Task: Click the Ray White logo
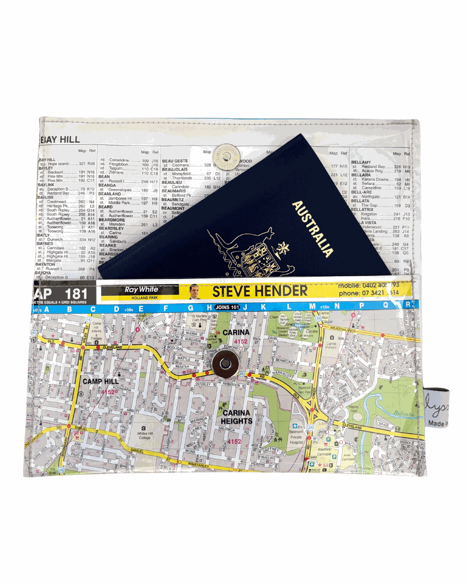click(x=141, y=289)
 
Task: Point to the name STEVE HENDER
click(x=259, y=292)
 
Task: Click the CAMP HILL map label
click(x=100, y=381)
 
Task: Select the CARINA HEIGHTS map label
click(x=237, y=417)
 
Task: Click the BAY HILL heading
click(x=60, y=139)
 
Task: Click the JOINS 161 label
click(x=227, y=307)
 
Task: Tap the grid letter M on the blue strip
click(x=312, y=306)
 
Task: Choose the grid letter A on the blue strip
click(x=46, y=309)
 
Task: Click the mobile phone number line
click(x=368, y=286)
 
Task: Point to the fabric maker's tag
click(x=437, y=409)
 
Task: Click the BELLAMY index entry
click(x=361, y=162)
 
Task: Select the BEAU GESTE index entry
click(x=175, y=161)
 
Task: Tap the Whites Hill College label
click(x=145, y=435)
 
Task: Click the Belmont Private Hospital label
click(x=296, y=437)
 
